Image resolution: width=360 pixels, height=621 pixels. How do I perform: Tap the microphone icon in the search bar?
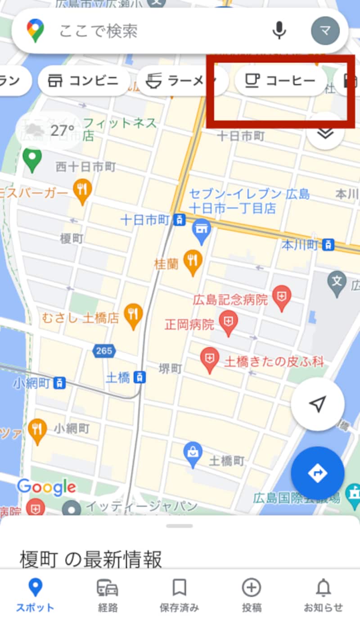[x=279, y=30]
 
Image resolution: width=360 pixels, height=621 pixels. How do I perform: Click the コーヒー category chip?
[x=280, y=81]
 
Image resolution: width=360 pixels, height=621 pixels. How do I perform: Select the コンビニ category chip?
[x=84, y=81]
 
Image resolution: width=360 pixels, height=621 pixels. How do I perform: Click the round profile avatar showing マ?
[x=325, y=31]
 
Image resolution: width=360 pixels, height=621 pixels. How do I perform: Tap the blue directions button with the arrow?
[x=317, y=473]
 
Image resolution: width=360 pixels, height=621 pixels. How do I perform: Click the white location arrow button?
[x=317, y=404]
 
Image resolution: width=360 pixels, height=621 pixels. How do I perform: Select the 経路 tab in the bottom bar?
[x=108, y=594]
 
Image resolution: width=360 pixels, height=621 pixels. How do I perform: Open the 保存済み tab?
[x=179, y=594]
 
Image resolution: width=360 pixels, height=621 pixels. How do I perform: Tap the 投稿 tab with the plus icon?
[x=251, y=594]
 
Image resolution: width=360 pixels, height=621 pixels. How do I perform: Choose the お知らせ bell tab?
[x=323, y=594]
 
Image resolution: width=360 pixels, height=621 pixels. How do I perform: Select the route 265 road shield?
[x=104, y=350]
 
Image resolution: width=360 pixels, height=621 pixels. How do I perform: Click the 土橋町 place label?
[x=227, y=461]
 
